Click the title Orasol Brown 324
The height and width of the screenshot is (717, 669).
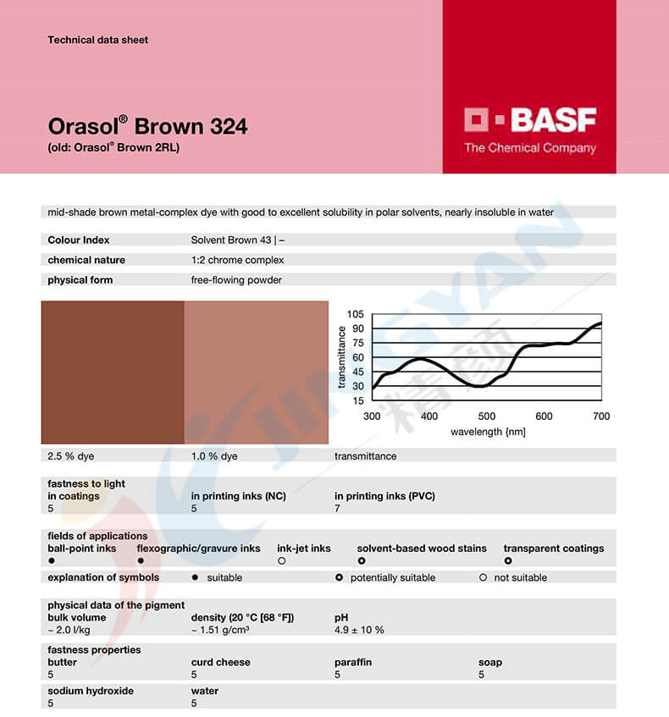point(147,127)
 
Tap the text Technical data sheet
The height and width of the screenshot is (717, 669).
point(98,40)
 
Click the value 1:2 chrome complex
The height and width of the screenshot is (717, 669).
point(237,260)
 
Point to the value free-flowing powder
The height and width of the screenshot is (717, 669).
point(236,280)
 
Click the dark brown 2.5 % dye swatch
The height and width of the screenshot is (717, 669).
point(113,372)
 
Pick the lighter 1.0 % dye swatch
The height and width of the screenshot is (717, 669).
point(256,372)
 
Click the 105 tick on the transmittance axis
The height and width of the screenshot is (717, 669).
point(355,315)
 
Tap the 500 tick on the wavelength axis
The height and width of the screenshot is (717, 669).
point(486,416)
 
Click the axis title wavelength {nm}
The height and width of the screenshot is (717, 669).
point(488,432)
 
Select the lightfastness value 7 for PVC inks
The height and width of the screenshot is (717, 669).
point(338,508)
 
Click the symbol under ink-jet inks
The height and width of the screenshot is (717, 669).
point(282,560)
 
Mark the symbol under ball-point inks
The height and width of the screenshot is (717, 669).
point(52,560)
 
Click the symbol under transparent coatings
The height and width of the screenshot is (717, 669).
point(508,560)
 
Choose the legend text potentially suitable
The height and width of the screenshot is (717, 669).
point(393,577)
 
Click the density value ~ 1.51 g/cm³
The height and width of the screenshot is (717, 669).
point(220,630)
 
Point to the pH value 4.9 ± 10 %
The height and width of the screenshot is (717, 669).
point(359,630)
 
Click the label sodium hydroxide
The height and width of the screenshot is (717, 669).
point(91,691)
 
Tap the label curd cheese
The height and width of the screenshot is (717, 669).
point(221,662)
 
